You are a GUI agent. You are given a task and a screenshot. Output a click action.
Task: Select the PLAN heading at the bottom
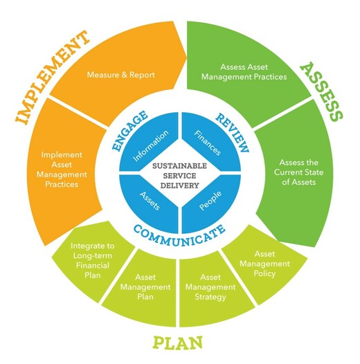(178, 343)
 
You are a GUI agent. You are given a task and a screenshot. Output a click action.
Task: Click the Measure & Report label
(120, 75)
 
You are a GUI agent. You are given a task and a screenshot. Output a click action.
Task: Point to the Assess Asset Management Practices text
(244, 72)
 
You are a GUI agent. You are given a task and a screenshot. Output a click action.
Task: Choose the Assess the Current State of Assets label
(298, 172)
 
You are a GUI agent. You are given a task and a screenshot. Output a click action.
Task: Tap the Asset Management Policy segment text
(264, 264)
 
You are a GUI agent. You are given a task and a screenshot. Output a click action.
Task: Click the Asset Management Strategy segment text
(210, 287)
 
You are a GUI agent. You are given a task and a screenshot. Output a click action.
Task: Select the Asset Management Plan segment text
(145, 287)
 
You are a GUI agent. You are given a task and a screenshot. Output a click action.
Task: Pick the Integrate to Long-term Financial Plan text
(93, 260)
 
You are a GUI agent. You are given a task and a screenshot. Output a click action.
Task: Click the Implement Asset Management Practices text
(62, 170)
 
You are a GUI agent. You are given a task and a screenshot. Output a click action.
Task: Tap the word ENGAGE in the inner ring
(129, 131)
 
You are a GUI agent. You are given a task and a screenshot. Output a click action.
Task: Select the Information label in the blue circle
(151, 145)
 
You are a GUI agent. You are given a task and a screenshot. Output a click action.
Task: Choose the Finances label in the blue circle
(208, 143)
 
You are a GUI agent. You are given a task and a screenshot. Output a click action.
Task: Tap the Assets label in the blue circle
(150, 201)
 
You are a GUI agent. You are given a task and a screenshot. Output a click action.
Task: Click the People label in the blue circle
(210, 201)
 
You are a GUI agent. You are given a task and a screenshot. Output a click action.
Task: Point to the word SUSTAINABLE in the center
(179, 166)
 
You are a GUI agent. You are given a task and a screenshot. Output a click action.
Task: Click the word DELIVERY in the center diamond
(179, 185)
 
